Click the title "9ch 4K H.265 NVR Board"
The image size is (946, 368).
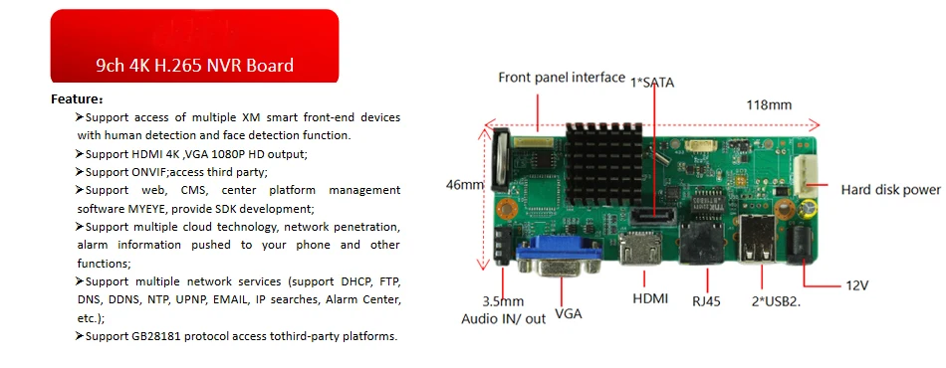[x=194, y=65]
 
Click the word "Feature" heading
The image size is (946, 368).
[x=74, y=98]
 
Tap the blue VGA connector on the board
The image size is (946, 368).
[x=559, y=256]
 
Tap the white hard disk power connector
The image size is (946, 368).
[x=806, y=176]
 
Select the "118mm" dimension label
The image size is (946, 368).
[x=769, y=104]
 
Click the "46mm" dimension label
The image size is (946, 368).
[x=465, y=184]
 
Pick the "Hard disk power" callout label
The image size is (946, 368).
[x=890, y=190]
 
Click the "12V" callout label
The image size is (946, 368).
[x=856, y=285]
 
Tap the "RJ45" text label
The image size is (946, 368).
[x=706, y=301]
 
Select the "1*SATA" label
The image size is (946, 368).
[x=652, y=84]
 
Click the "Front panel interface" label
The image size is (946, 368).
[x=562, y=78]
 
